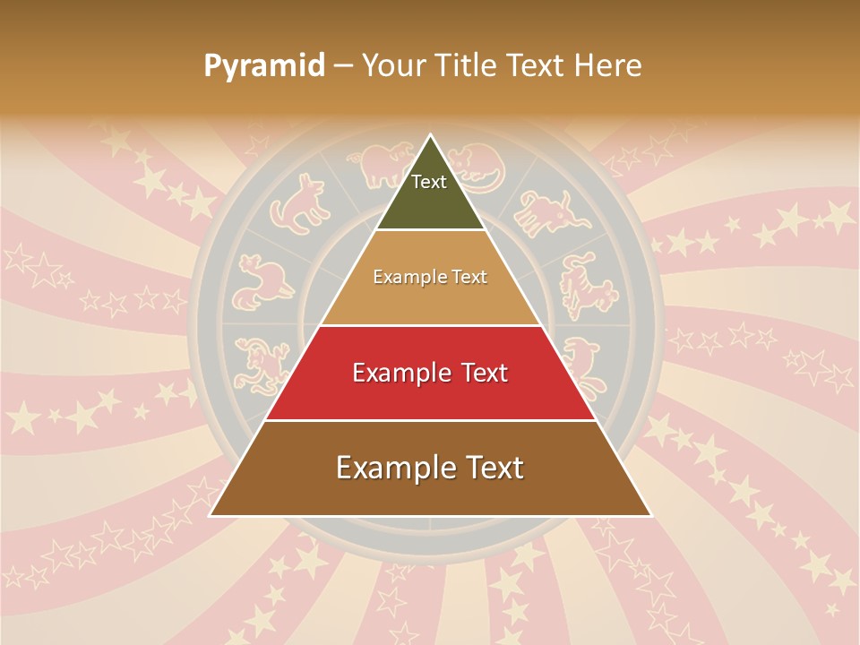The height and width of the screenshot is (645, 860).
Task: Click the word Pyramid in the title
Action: pos(264,66)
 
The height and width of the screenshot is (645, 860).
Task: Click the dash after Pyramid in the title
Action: pos(343,66)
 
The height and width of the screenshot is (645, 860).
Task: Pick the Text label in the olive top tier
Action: pos(429,182)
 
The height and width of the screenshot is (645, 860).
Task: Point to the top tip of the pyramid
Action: pos(430,136)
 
